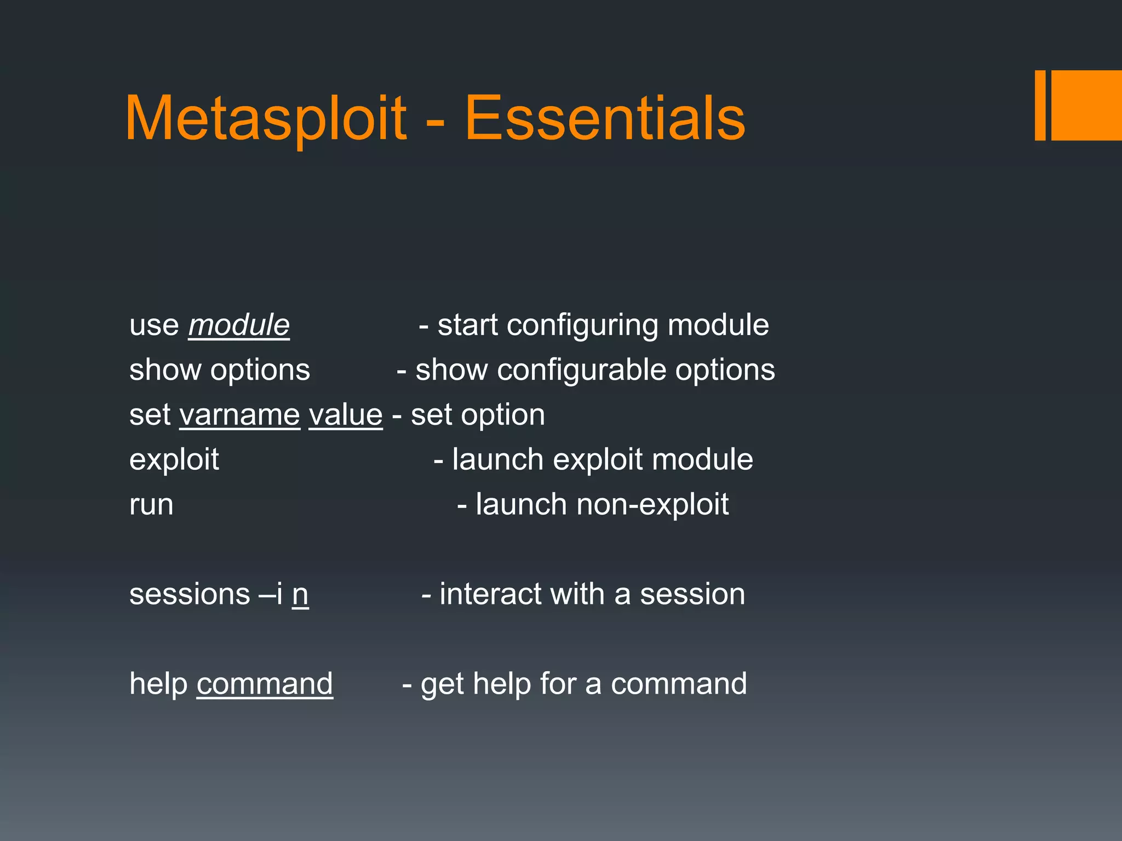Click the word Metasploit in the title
[266, 119]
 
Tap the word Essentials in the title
[605, 119]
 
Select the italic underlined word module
[239, 325]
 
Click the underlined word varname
[239, 414]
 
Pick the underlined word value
[345, 414]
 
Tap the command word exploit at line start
[174, 459]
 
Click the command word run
[151, 505]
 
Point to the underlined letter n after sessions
[300, 595]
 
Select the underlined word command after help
[265, 684]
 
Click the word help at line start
[158, 684]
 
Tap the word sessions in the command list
[190, 595]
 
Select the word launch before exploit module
[497, 459]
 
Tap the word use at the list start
[154, 326]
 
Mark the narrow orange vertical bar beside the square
[1040, 105]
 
